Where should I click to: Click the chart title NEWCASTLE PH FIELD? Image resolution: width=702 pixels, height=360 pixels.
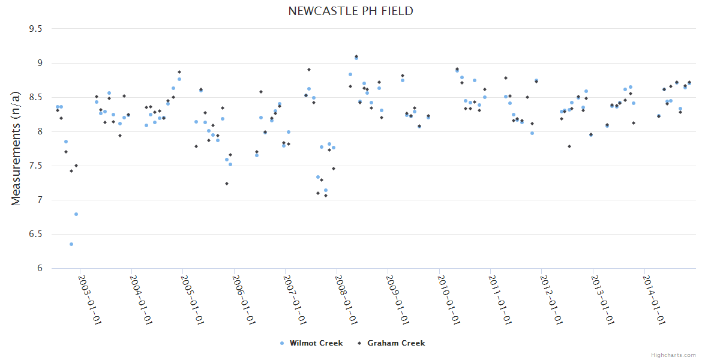(x=350, y=11)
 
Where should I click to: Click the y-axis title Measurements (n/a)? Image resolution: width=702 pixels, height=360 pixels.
(x=16, y=148)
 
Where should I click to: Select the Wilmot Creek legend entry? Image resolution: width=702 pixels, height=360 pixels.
(x=311, y=343)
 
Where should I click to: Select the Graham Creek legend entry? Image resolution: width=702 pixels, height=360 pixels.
(x=391, y=343)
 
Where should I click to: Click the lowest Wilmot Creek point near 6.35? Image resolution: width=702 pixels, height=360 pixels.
(x=71, y=244)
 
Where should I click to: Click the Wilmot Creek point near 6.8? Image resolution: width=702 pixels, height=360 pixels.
(x=76, y=214)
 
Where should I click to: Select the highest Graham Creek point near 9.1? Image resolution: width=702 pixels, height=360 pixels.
(x=356, y=56)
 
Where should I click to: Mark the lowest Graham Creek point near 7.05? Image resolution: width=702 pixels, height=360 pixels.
(x=326, y=196)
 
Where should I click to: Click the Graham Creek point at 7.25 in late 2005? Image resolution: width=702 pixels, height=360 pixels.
(x=227, y=184)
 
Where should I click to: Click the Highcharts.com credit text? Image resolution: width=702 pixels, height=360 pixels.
(x=674, y=355)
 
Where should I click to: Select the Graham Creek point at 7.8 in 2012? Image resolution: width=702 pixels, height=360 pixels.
(x=569, y=146)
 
